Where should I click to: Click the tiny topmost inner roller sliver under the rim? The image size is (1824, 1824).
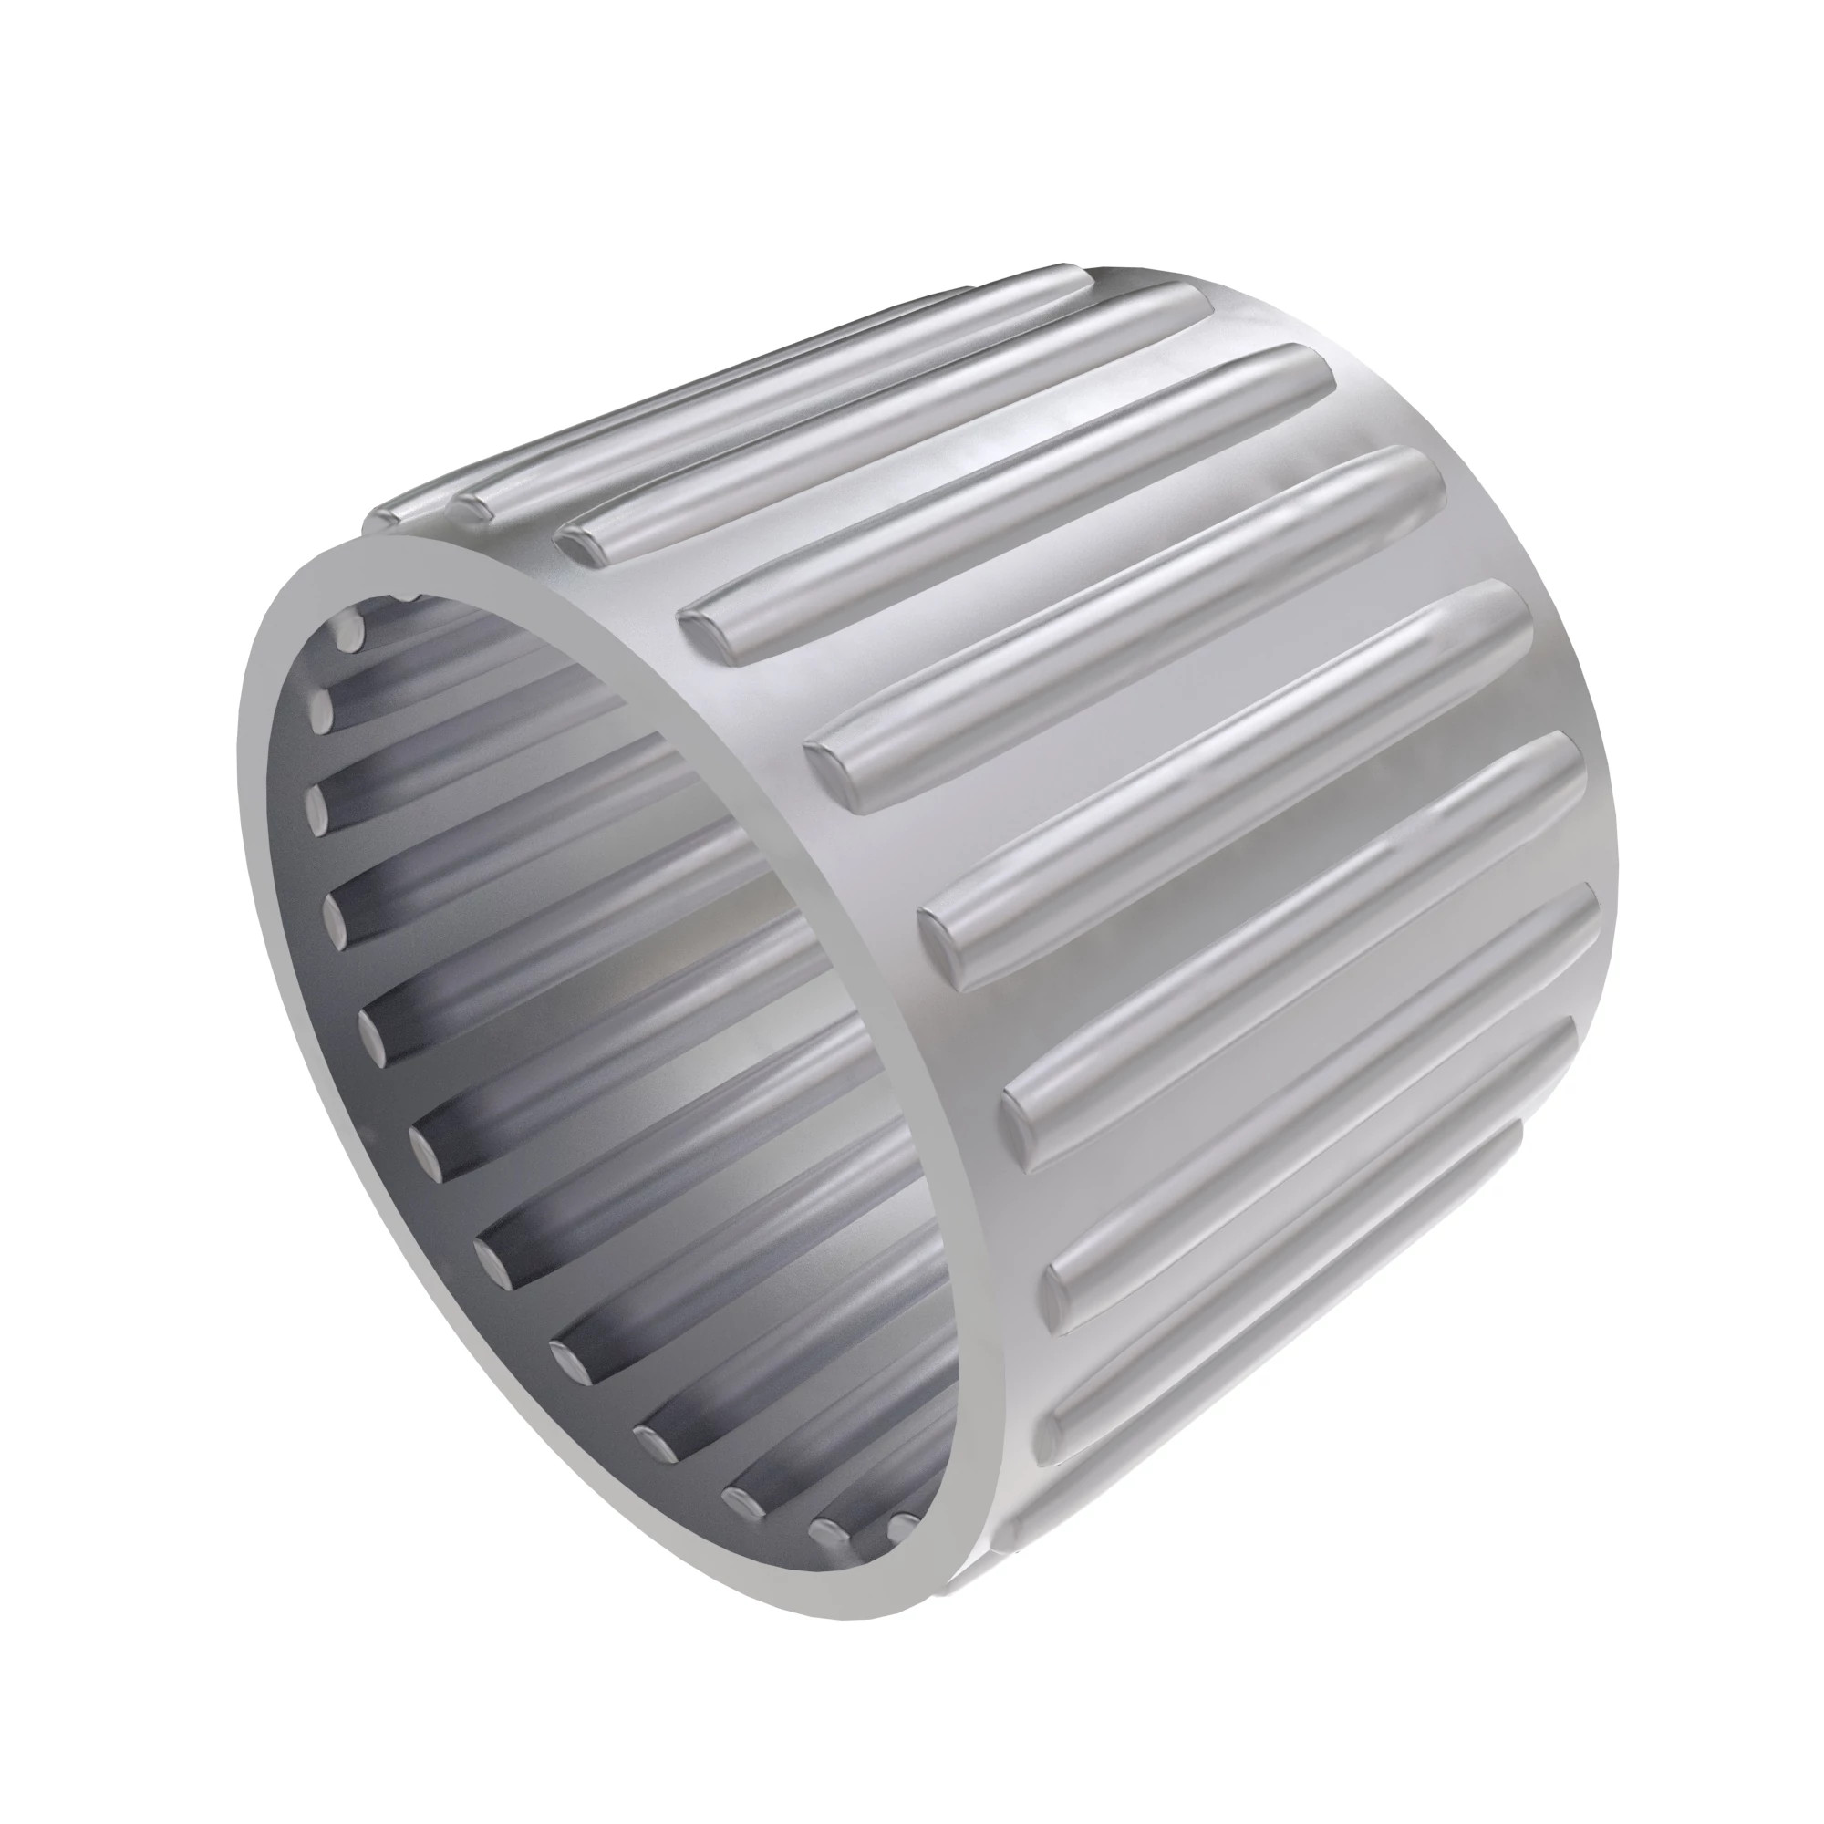point(409,596)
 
